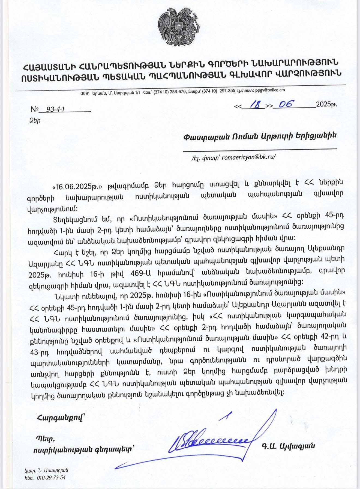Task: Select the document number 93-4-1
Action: (56, 109)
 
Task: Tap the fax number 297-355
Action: (227, 91)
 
